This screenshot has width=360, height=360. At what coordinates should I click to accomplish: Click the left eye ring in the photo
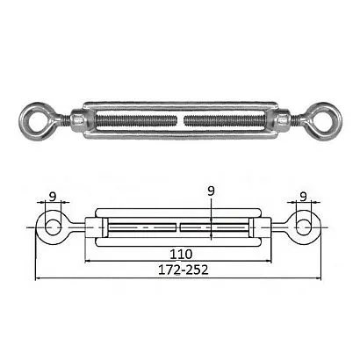pyautogui.click(x=25, y=121)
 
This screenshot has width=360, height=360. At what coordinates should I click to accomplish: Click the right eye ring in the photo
pyautogui.click(x=336, y=121)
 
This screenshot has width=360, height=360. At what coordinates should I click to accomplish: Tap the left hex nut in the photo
pyautogui.click(x=78, y=121)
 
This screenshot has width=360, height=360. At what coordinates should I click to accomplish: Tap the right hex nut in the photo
pyautogui.click(x=283, y=121)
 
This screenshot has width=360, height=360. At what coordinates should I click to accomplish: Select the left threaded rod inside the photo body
pyautogui.click(x=135, y=121)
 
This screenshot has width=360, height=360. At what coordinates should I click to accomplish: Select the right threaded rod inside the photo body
pyautogui.click(x=225, y=121)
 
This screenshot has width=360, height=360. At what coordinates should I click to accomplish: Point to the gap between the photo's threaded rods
pyautogui.click(x=181, y=121)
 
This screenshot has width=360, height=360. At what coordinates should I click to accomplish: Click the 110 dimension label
pyautogui.click(x=181, y=254)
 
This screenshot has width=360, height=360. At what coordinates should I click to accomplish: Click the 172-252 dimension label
pyautogui.click(x=184, y=270)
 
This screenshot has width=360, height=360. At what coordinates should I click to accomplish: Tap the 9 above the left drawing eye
pyautogui.click(x=53, y=197)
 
